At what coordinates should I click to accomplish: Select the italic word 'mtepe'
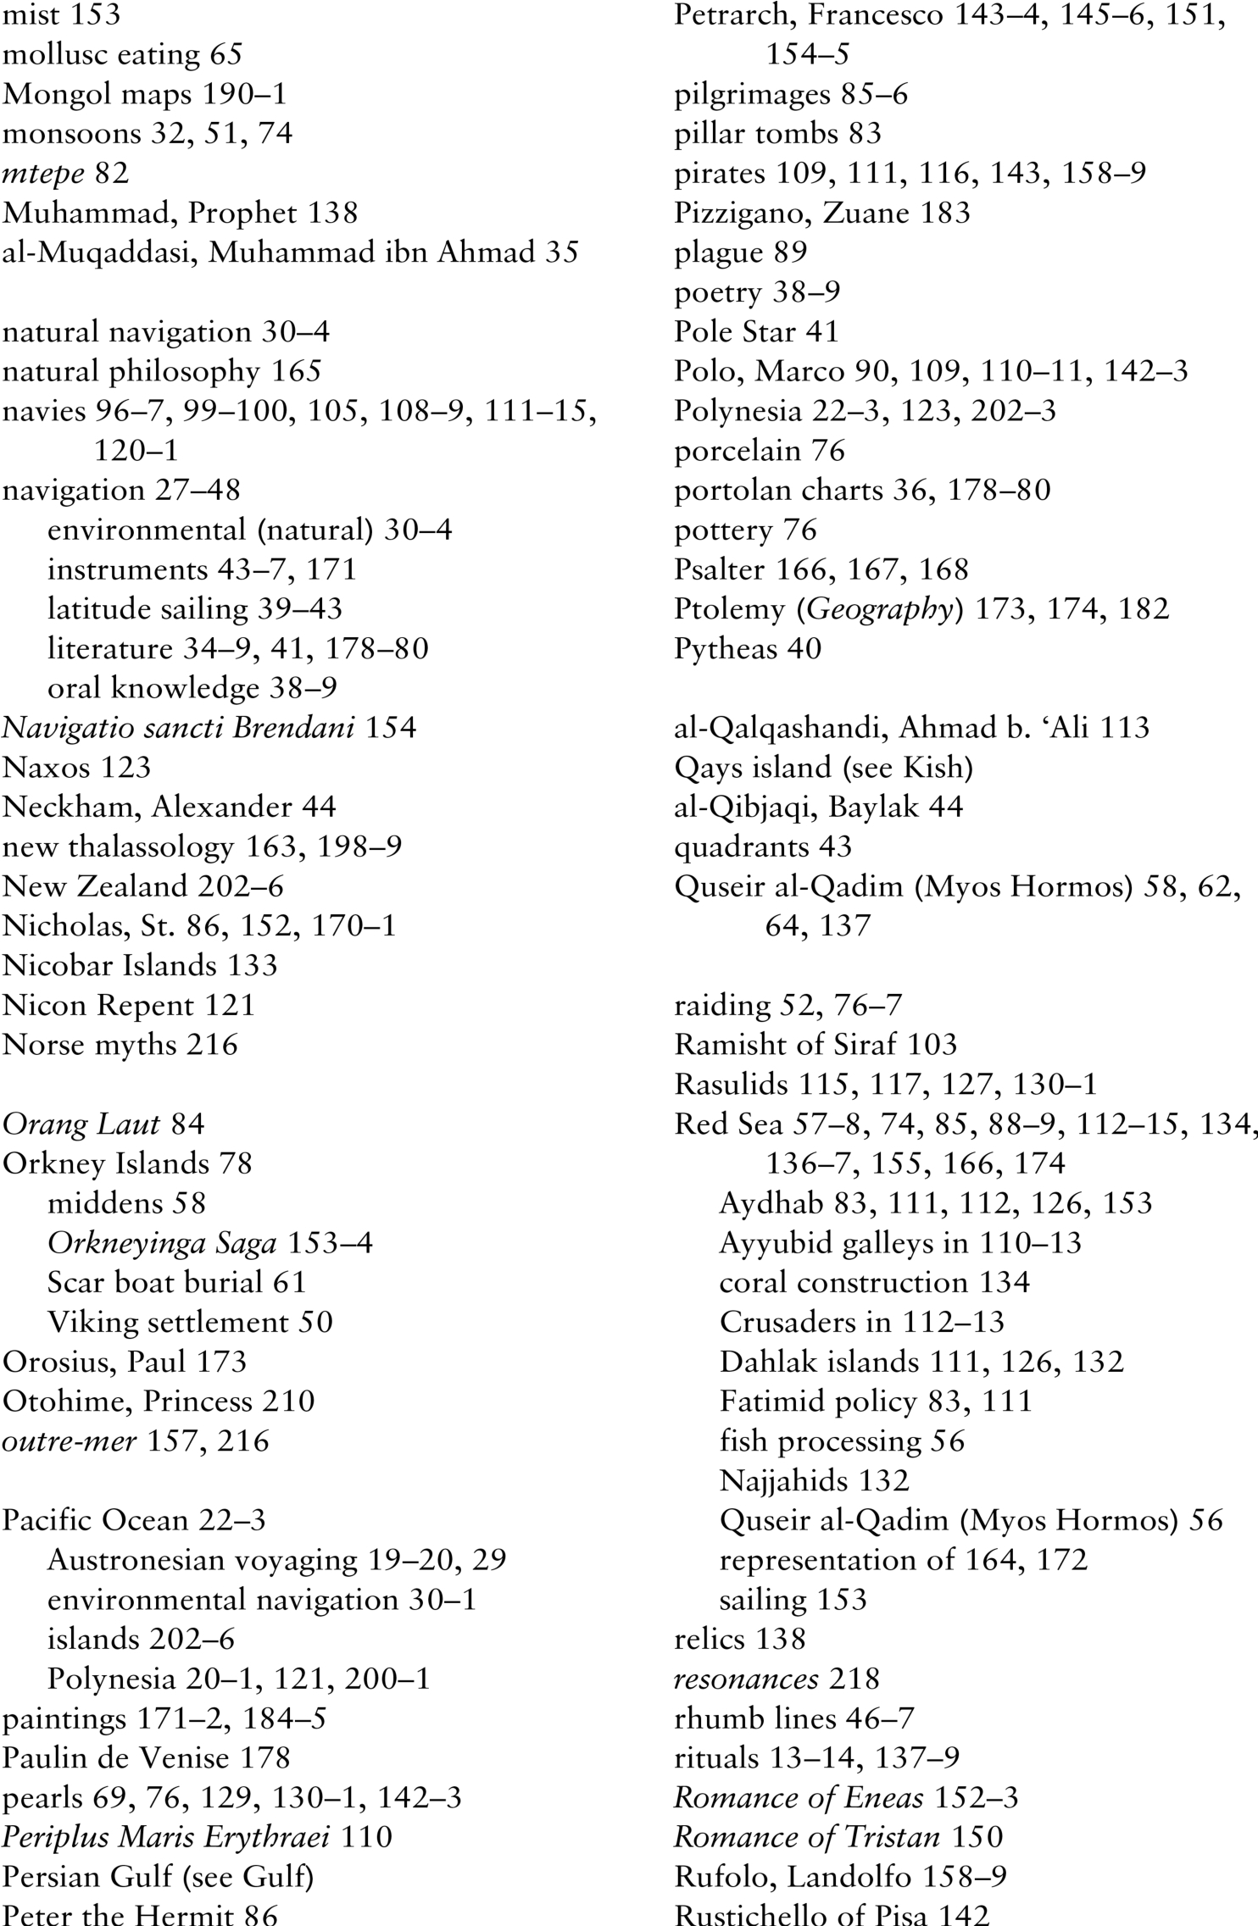point(43,174)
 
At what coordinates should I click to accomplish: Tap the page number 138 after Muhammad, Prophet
point(333,213)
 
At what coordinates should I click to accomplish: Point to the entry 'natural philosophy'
point(131,371)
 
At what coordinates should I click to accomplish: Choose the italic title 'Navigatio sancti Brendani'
point(178,728)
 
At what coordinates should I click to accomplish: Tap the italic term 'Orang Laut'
point(81,1124)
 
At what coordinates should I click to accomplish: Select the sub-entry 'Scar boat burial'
point(154,1283)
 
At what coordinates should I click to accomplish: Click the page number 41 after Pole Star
point(821,331)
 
